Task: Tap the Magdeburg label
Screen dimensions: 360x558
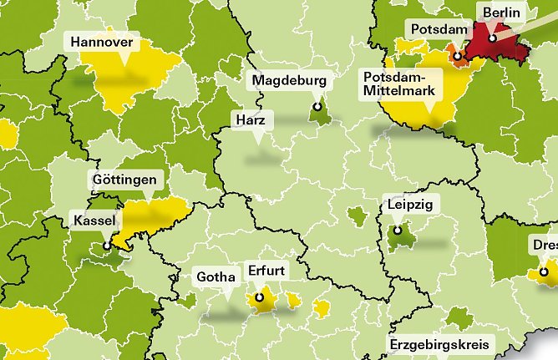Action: click(291, 80)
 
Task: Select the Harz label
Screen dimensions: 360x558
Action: click(251, 122)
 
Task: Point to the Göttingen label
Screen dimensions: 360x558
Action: click(124, 180)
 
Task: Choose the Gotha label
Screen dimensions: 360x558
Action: click(215, 276)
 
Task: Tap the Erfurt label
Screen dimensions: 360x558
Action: click(267, 271)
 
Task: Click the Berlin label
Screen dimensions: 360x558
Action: click(500, 13)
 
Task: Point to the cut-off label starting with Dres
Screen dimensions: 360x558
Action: click(544, 246)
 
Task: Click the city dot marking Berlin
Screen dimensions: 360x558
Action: click(493, 38)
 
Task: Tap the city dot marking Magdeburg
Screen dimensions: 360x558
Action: click(317, 107)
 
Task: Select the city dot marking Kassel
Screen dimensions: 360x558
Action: click(108, 246)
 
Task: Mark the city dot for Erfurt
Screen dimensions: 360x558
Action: click(260, 297)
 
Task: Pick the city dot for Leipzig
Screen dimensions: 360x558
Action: click(398, 231)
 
